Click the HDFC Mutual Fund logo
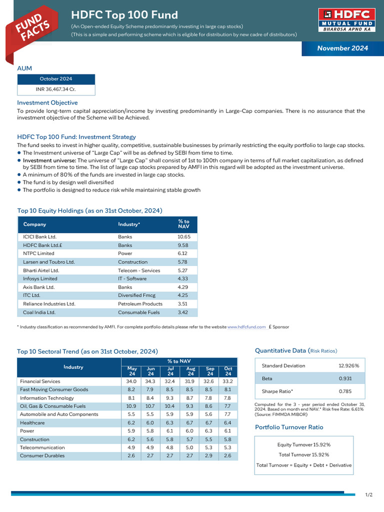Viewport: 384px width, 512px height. (346, 20)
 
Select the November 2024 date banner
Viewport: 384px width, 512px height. (342, 48)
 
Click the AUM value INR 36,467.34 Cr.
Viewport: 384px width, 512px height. (56, 89)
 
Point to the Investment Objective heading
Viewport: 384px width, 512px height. (47, 102)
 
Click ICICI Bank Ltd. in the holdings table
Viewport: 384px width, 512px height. (40, 236)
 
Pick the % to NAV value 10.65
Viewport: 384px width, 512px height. (184, 236)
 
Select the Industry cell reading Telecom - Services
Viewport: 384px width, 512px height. (139, 270)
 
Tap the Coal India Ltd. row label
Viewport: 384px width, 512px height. (39, 312)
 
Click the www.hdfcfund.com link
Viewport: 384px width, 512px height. (246, 327)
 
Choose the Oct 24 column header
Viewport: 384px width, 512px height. (228, 371)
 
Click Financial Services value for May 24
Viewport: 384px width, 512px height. (131, 381)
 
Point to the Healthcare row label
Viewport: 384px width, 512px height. (31, 422)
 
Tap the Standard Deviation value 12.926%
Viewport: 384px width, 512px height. (348, 365)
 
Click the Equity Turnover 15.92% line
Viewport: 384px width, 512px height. (303, 444)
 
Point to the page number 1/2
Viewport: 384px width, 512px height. (369, 495)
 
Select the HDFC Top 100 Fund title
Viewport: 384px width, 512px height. (124, 15)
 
